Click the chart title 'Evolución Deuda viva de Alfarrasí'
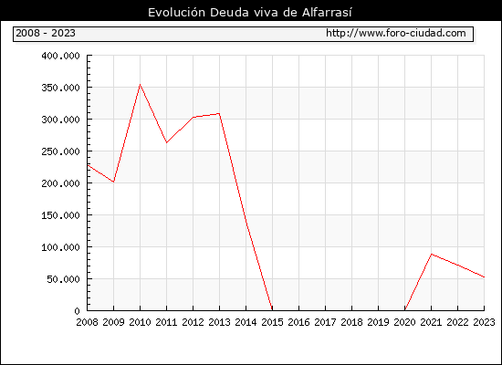[x=250, y=12]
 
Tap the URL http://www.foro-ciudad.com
[x=396, y=33]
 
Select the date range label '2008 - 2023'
[x=46, y=33]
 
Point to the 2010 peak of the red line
[x=140, y=85]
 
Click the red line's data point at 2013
[x=219, y=113]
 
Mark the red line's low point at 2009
[x=114, y=182]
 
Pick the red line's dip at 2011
[x=166, y=142]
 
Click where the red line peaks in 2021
[x=431, y=255]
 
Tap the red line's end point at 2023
[x=484, y=277]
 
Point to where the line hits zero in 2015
[x=272, y=310]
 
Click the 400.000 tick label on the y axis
[x=60, y=56]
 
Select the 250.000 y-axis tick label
[x=60, y=151]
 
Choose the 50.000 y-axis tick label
[x=63, y=279]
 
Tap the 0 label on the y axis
[x=77, y=311]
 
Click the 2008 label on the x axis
[x=87, y=322]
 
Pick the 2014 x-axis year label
[x=246, y=322]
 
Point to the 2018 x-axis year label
[x=351, y=322]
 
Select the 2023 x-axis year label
[x=484, y=322]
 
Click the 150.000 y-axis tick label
[x=60, y=215]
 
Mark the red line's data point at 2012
[x=193, y=117]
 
